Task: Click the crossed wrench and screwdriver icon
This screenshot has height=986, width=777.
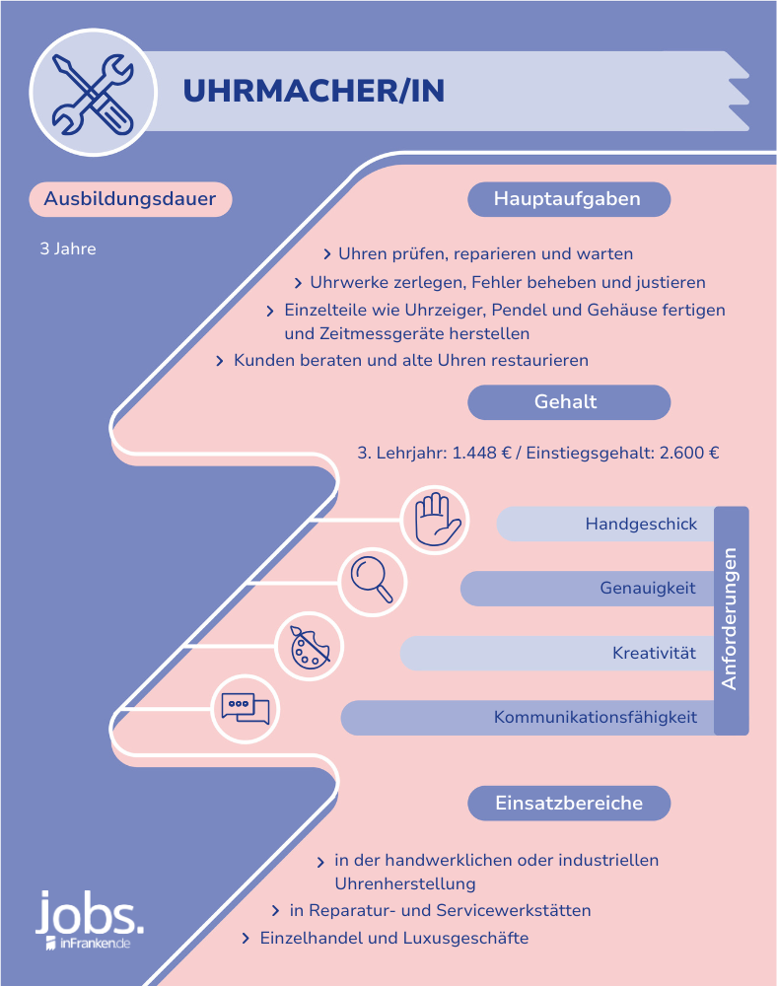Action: (93, 93)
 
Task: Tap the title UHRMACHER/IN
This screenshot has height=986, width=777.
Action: (314, 91)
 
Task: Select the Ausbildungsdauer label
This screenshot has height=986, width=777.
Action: (130, 199)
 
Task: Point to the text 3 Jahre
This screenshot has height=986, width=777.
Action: (68, 249)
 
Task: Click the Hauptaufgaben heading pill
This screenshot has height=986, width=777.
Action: (568, 199)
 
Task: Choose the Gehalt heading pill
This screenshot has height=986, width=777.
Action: (568, 402)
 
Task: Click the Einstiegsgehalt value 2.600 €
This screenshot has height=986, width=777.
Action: (689, 453)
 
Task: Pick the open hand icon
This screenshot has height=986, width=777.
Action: (436, 520)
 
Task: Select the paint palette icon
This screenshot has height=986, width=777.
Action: (310, 647)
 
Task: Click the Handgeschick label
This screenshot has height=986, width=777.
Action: (641, 524)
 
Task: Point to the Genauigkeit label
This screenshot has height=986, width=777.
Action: (648, 588)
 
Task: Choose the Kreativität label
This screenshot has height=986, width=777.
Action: (654, 653)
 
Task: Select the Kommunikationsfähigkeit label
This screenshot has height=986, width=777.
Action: (596, 717)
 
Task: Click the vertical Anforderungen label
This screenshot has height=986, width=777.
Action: (730, 619)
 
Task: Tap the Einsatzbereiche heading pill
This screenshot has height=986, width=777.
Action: (568, 803)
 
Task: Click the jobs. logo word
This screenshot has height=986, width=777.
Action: (90, 913)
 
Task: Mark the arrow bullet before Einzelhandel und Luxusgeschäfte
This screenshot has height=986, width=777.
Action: (247, 939)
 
